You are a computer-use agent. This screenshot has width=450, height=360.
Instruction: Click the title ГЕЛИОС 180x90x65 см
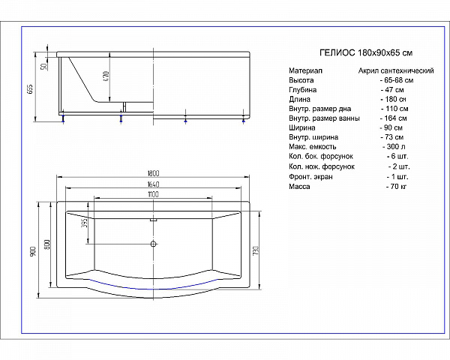tap(366, 52)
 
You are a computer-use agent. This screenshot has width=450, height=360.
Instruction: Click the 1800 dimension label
tap(153, 173)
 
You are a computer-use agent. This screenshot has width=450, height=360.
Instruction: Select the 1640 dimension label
tap(153, 184)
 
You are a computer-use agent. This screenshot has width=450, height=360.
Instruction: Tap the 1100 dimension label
tap(153, 194)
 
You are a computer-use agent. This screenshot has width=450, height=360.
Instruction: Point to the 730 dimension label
tap(256, 250)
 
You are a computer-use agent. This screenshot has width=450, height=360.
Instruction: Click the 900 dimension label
tap(33, 251)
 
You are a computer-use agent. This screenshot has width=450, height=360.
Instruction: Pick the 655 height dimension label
tap(30, 89)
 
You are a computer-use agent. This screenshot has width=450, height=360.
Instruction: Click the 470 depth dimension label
tap(106, 76)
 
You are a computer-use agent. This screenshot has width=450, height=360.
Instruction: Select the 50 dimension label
tap(44, 66)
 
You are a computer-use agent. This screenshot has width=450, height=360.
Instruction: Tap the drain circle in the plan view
tap(153, 244)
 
